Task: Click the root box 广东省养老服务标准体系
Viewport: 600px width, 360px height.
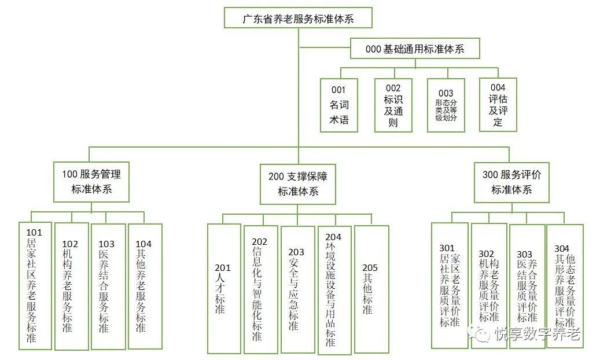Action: pos(298,18)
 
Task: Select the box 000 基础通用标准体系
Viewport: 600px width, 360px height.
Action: pos(415,49)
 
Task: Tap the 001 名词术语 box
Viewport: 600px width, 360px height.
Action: pos(339,105)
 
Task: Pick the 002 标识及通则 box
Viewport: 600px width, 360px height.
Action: pos(393,105)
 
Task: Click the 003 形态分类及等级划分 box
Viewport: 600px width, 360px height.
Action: pos(446,105)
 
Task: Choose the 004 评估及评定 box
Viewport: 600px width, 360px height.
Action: pos(498,105)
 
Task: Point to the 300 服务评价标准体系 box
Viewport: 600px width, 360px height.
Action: pos(511,182)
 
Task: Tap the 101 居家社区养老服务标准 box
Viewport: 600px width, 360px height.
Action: pos(35,286)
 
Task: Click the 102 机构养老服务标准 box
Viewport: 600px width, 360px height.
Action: pos(71,286)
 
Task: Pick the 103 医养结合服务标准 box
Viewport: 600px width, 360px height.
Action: pos(108,286)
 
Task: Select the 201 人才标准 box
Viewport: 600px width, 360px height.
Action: pos(223,288)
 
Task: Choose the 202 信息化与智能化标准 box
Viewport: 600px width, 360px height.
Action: pos(260,289)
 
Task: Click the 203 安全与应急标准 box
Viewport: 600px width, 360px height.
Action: pos(297,289)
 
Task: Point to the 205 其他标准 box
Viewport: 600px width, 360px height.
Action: pos(371,289)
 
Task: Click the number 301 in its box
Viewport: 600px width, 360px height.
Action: pos(447,249)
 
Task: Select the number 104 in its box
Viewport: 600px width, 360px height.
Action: pos(143,244)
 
